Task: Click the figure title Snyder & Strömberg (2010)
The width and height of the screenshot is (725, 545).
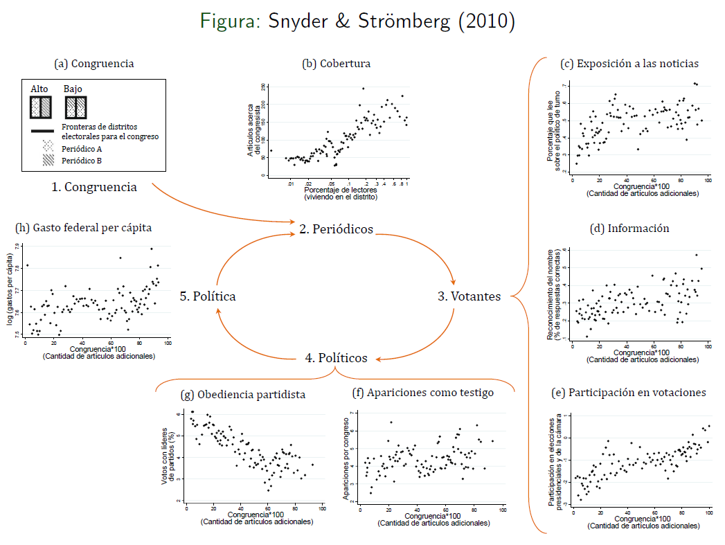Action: [x=357, y=21]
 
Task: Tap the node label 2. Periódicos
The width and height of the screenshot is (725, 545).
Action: [x=336, y=229]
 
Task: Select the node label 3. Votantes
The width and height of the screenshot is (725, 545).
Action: [x=469, y=296]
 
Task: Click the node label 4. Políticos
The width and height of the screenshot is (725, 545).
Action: [x=336, y=358]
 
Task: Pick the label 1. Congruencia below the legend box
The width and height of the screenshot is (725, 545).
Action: [x=93, y=187]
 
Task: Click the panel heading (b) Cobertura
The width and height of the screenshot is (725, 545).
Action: [x=337, y=64]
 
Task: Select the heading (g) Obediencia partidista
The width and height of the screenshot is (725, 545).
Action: [x=242, y=395]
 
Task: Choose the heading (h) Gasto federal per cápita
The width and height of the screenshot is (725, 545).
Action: [x=83, y=227]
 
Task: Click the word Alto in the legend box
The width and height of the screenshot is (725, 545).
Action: [x=39, y=89]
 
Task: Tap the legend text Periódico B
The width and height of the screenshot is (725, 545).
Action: [x=82, y=161]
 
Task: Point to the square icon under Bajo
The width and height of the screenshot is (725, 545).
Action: [x=75, y=107]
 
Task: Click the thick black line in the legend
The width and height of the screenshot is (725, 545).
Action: [x=42, y=131]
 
